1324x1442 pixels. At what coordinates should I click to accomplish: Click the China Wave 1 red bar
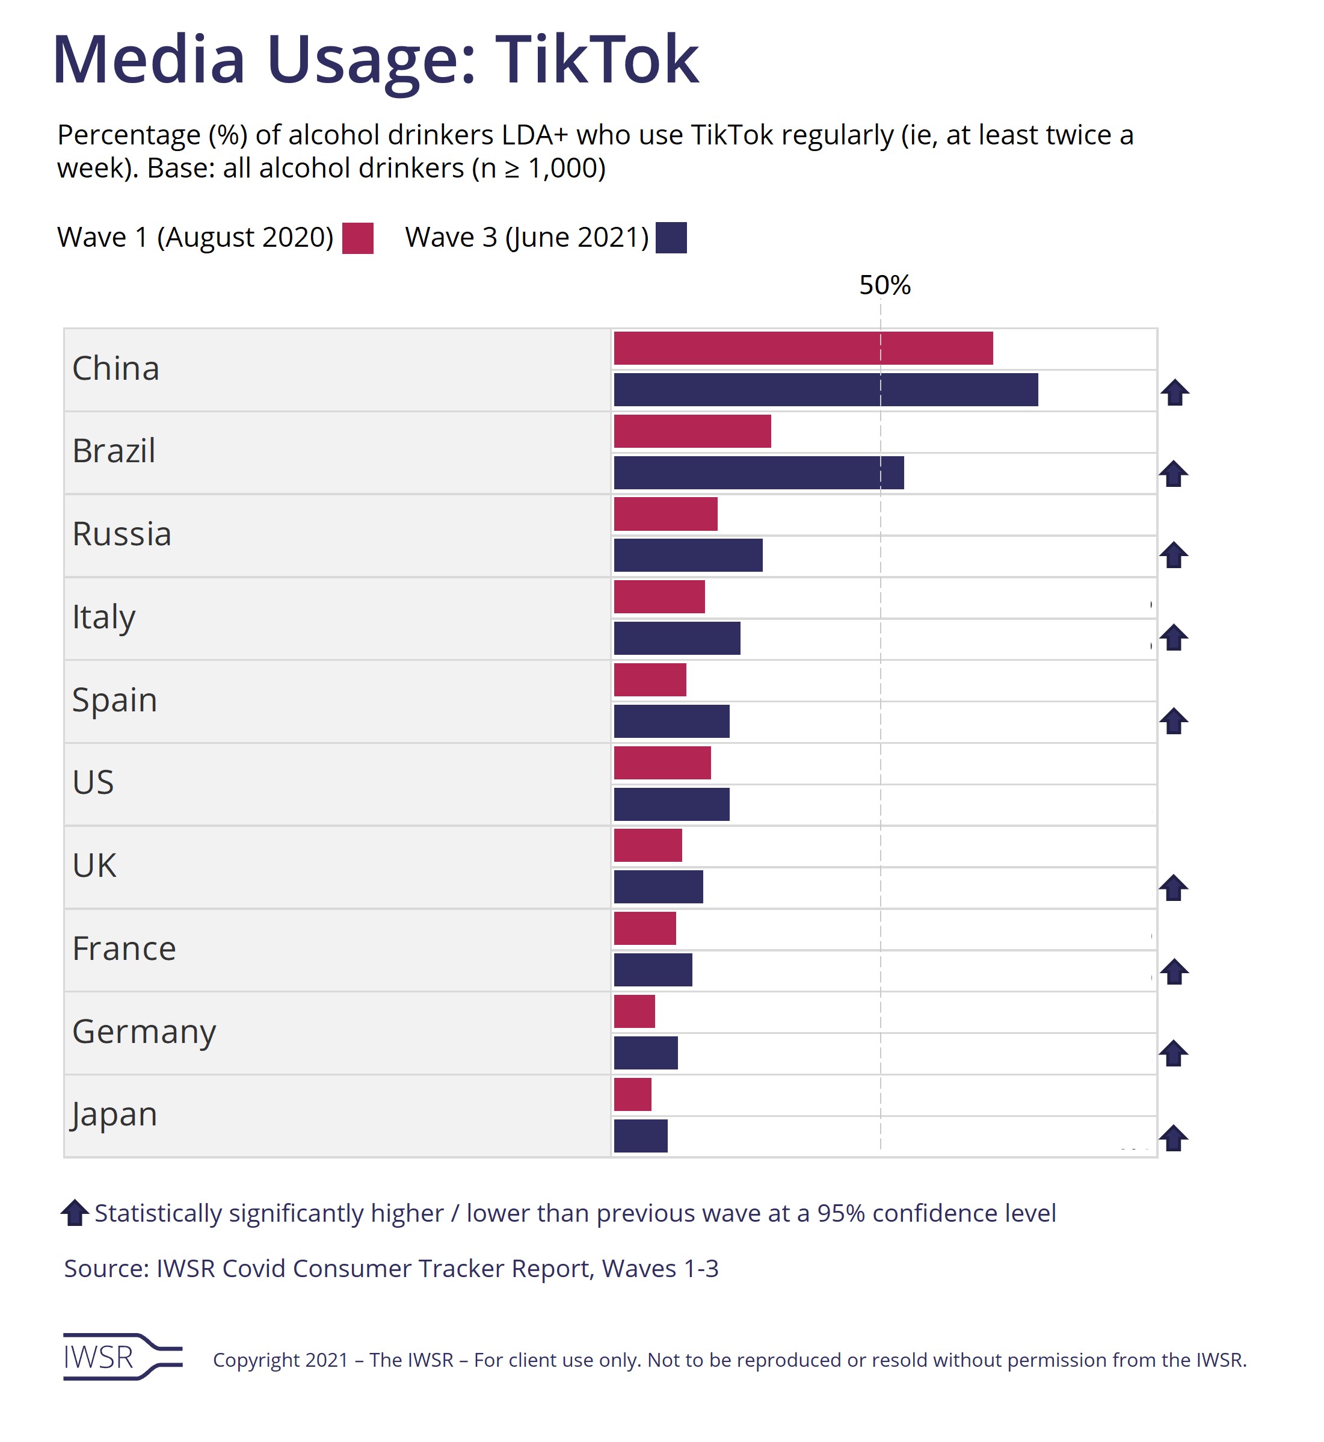pos(803,348)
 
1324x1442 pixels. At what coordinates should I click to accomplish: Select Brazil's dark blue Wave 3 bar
pos(759,473)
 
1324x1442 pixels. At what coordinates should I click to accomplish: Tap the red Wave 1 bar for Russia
pos(665,514)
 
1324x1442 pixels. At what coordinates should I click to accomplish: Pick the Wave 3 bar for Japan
pos(641,1136)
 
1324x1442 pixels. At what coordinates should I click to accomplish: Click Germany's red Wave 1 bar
pos(634,1011)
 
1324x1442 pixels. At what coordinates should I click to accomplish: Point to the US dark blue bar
pos(671,804)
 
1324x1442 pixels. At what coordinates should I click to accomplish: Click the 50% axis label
pos(885,285)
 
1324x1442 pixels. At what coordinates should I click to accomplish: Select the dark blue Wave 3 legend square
pos(671,238)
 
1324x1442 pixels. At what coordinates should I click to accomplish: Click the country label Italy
pos(104,617)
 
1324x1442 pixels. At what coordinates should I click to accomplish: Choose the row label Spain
pos(115,699)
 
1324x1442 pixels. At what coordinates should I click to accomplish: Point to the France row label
pos(124,948)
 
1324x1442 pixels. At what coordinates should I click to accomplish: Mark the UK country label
pos(94,865)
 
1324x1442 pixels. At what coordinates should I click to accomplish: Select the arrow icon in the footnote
pos(75,1213)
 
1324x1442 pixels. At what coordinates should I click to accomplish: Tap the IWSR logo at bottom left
pos(122,1357)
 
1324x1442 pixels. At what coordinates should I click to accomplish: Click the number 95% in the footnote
pos(841,1213)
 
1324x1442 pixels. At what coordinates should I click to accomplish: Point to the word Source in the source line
pos(106,1269)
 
